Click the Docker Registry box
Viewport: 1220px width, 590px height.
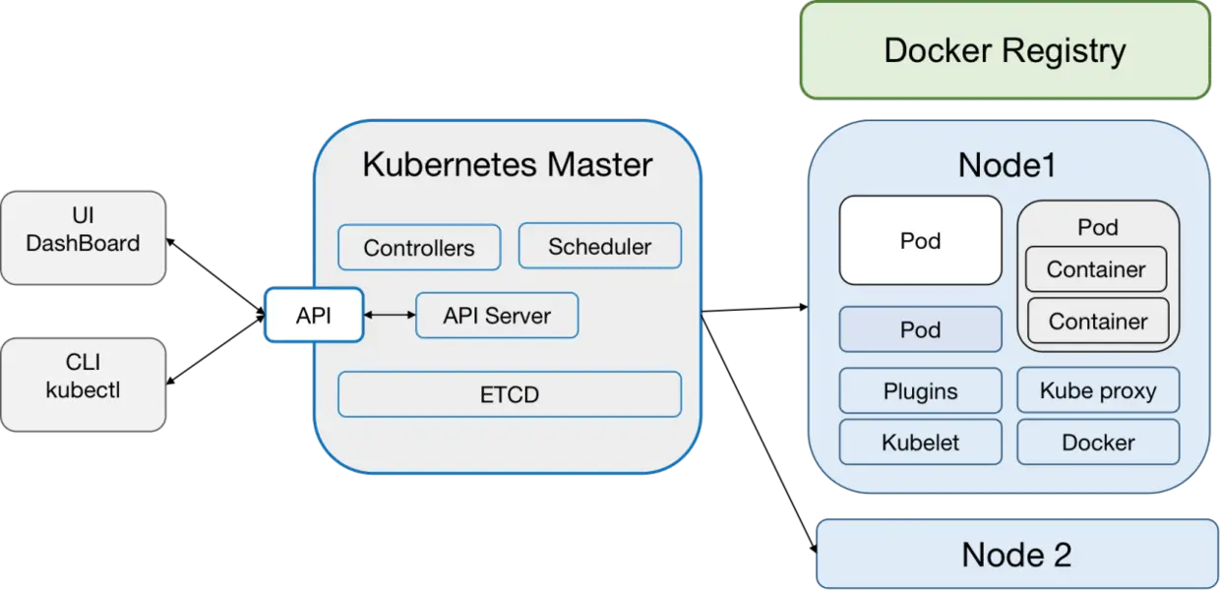point(1005,50)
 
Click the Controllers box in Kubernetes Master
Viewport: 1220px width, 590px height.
point(419,248)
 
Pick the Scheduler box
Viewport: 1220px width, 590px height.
point(599,246)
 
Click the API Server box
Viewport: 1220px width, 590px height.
point(497,316)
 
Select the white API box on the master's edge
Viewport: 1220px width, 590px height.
point(314,316)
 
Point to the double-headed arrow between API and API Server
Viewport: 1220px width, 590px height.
point(390,316)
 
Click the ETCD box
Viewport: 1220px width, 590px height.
point(510,394)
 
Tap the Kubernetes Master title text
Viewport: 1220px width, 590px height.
point(507,164)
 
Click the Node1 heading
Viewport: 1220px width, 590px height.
point(1006,165)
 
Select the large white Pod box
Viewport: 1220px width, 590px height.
point(920,241)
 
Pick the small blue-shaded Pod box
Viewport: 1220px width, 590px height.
point(920,329)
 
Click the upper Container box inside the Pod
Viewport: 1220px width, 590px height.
point(1096,269)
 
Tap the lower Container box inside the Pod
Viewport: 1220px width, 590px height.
point(1097,321)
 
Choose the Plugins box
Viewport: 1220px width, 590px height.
point(920,390)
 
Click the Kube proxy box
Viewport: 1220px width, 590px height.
point(1098,390)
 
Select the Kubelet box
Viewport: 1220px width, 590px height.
point(920,442)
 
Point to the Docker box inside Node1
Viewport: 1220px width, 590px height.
point(1098,442)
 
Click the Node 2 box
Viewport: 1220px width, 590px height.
point(1016,555)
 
